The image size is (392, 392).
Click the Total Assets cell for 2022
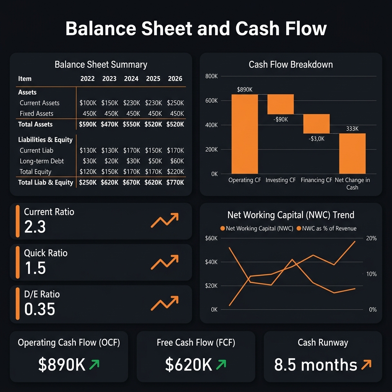[x=87, y=124]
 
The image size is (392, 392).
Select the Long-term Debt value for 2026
[x=175, y=161]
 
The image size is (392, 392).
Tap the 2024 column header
[x=131, y=79]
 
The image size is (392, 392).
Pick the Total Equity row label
[x=35, y=172]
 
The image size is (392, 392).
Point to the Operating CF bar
[x=245, y=134]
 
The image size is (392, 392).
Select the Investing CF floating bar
[x=280, y=104]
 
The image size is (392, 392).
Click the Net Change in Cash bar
[x=352, y=153]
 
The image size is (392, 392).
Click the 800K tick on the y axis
[x=211, y=76]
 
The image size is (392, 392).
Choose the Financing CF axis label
[x=316, y=180]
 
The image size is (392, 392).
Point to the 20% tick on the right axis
[x=372, y=238]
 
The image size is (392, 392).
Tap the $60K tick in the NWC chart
[x=212, y=238]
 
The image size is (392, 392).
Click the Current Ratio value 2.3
[x=35, y=227]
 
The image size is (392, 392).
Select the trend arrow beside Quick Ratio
[x=165, y=262]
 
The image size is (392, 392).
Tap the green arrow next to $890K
[x=94, y=365]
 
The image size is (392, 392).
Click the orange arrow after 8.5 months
[x=366, y=365]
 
